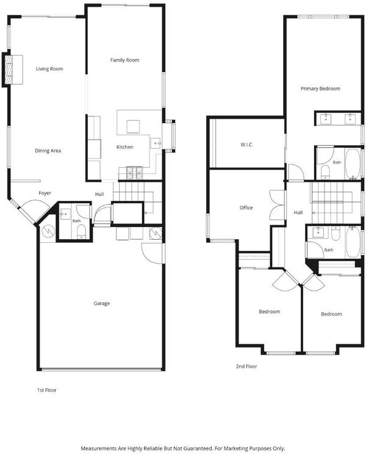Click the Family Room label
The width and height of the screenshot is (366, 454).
[x=124, y=60]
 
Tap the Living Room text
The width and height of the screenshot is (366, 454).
[x=49, y=68]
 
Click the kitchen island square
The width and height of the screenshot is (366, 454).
[x=133, y=126]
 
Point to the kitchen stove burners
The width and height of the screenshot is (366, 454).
[x=134, y=172]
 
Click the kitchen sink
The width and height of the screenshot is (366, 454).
[x=156, y=143]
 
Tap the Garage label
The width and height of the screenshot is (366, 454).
[x=101, y=303]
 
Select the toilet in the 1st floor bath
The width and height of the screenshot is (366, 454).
[x=82, y=232]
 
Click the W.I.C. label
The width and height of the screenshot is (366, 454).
[x=247, y=144]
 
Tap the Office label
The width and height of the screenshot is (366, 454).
[x=246, y=207]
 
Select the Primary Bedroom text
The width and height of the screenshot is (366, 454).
[x=320, y=88]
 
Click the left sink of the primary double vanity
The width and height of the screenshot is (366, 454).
[x=326, y=118]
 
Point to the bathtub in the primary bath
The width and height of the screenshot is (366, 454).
[x=353, y=164]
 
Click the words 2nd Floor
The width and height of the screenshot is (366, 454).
[x=246, y=366]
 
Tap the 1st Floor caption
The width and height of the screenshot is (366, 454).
[x=46, y=390]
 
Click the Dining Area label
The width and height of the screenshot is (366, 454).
[x=48, y=151]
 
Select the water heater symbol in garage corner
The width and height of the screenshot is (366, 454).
[x=48, y=231]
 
